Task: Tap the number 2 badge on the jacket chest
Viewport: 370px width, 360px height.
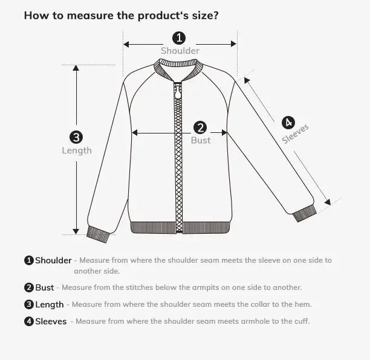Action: [x=200, y=127]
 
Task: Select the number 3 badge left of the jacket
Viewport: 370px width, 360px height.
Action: [x=76, y=138]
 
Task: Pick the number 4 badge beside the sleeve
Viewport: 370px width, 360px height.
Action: [x=288, y=122]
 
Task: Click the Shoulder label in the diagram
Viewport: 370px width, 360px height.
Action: [x=180, y=51]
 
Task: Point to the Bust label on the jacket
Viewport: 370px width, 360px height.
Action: [x=201, y=140]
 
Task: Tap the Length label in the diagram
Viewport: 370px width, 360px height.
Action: [x=77, y=150]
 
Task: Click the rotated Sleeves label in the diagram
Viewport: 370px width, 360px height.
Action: [x=296, y=134]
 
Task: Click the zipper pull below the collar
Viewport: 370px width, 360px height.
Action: [x=178, y=92]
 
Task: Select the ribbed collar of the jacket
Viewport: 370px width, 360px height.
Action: [x=178, y=73]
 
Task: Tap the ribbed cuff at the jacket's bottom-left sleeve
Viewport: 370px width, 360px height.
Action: [x=98, y=233]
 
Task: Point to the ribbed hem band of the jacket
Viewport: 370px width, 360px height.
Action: [x=180, y=228]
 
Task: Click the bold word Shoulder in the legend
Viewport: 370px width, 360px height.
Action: [x=53, y=260]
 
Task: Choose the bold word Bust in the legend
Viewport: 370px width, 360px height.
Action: [x=45, y=288]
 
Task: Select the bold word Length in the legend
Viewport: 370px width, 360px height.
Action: [x=49, y=304]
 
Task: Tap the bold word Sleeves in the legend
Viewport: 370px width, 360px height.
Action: [x=51, y=321]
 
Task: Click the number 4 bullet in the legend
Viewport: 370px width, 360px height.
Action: [x=29, y=321]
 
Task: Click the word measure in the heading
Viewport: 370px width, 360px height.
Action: [x=86, y=14]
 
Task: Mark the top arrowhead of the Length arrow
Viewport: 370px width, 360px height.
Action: [x=76, y=68]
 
